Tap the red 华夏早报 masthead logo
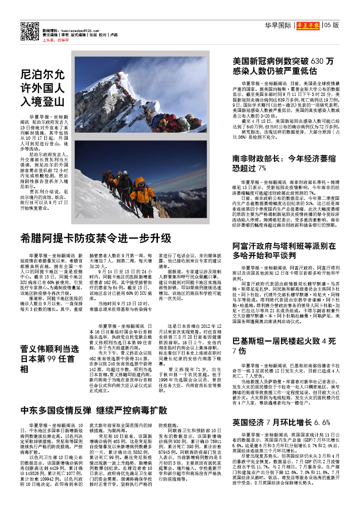tap(308, 25)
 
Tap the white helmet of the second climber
tap(125, 173)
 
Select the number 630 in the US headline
tap(318, 61)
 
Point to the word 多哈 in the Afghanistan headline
tap(243, 255)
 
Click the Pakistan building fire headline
tap(291, 345)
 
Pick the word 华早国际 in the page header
tap(278, 25)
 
